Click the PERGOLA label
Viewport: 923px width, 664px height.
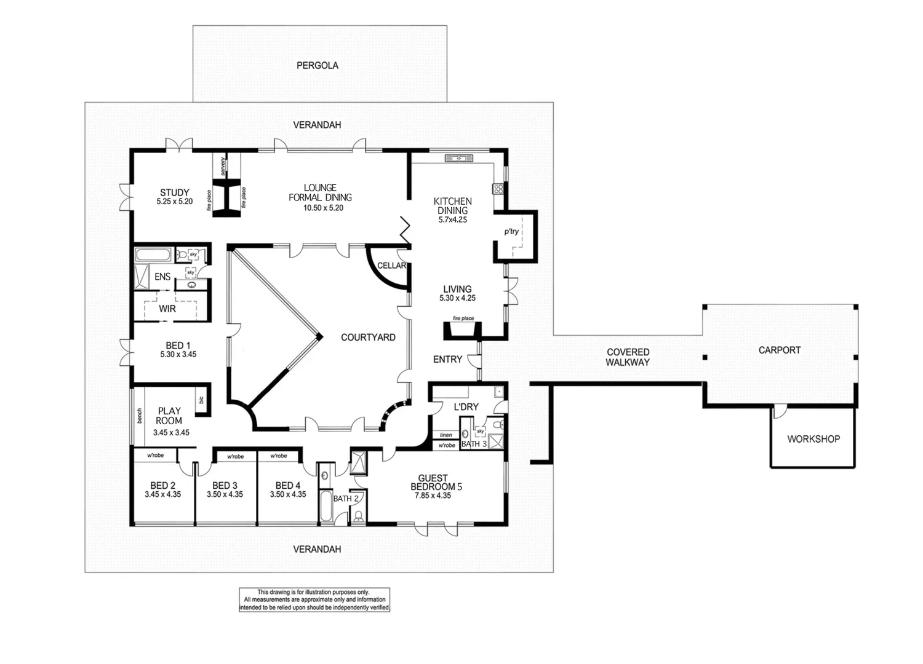pyautogui.click(x=318, y=65)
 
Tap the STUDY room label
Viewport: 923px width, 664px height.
pyautogui.click(x=175, y=192)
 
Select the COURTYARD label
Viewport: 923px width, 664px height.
pyautogui.click(x=368, y=338)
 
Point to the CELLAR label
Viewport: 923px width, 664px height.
pyautogui.click(x=391, y=266)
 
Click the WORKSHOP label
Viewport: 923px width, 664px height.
pyautogui.click(x=813, y=439)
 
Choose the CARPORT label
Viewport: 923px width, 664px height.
pyautogui.click(x=780, y=350)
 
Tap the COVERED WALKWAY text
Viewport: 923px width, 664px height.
pyautogui.click(x=628, y=357)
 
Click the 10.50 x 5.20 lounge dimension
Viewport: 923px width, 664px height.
pyautogui.click(x=323, y=208)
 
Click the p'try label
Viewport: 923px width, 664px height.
pyautogui.click(x=511, y=232)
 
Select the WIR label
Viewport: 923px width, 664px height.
pyautogui.click(x=167, y=309)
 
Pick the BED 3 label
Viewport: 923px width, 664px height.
pyautogui.click(x=225, y=486)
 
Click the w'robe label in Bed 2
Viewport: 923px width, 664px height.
pyautogui.click(x=155, y=456)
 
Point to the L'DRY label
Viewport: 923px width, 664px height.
pyautogui.click(x=466, y=407)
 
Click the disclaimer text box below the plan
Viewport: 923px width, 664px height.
pyautogui.click(x=314, y=599)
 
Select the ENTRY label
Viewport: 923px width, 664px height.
pyautogui.click(x=447, y=359)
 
